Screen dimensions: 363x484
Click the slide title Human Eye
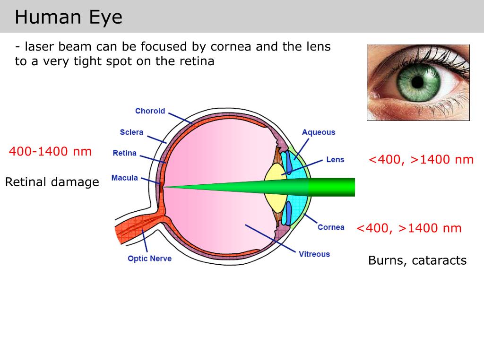pyautogui.click(x=69, y=17)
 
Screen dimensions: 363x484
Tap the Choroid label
pyautogui.click(x=150, y=111)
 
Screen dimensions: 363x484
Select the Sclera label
pyautogui.click(x=131, y=132)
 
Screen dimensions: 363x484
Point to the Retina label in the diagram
pyautogui.click(x=125, y=153)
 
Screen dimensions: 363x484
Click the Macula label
pyautogui.click(x=125, y=178)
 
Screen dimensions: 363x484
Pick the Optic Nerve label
pyautogui.click(x=149, y=259)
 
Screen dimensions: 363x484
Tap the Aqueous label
pyautogui.click(x=319, y=132)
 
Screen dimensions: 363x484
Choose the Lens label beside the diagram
pyautogui.click(x=335, y=160)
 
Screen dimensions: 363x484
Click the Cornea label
pyautogui.click(x=331, y=227)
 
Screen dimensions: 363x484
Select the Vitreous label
pyautogui.click(x=314, y=254)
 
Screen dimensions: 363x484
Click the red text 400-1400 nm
pyautogui.click(x=50, y=152)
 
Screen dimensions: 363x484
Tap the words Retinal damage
pyautogui.click(x=52, y=182)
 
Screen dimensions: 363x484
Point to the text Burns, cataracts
pyautogui.click(x=417, y=260)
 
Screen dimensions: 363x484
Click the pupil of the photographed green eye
pyautogui.click(x=418, y=82)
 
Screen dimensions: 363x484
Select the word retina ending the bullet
pyautogui.click(x=198, y=61)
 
